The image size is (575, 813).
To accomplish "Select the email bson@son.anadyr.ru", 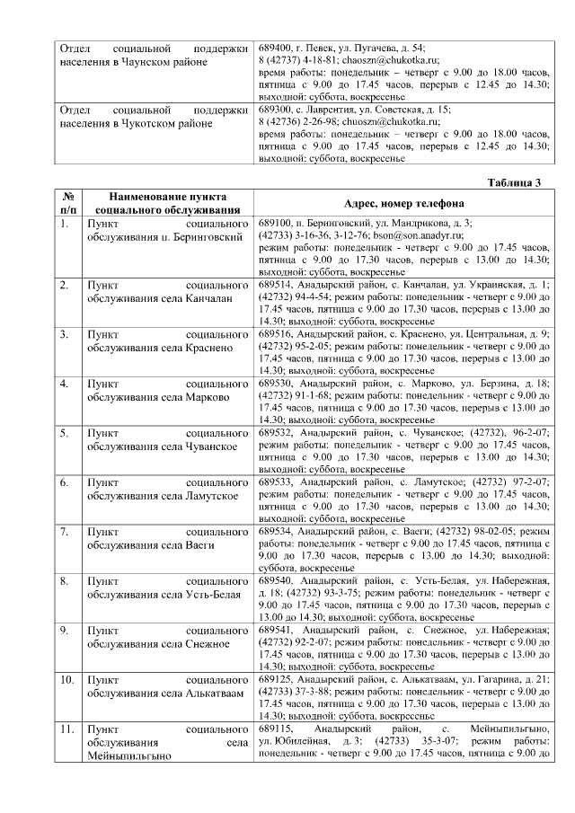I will coord(407,234).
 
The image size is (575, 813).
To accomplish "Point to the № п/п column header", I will coord(67,203).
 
